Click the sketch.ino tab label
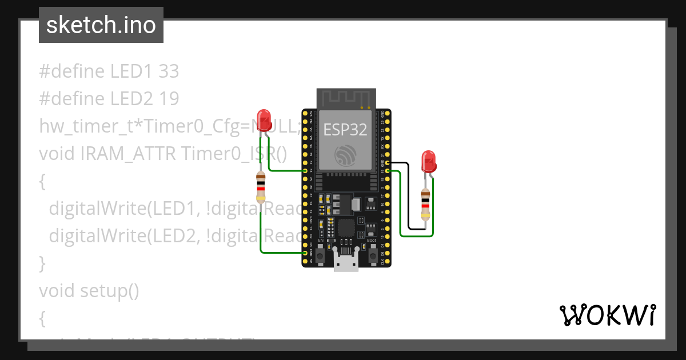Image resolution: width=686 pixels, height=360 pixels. coord(101,25)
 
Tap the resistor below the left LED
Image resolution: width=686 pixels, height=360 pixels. coord(261,189)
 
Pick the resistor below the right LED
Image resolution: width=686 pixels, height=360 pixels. coord(425,205)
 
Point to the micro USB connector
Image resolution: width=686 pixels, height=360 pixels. coord(347,263)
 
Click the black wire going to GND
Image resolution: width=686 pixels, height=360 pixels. coord(409,194)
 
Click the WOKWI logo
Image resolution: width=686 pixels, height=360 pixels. coord(607,315)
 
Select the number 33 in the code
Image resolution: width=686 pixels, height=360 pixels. coord(169,71)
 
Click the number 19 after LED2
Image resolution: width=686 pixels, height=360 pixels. coord(170,99)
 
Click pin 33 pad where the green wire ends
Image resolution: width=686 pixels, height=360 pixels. coord(305,171)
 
